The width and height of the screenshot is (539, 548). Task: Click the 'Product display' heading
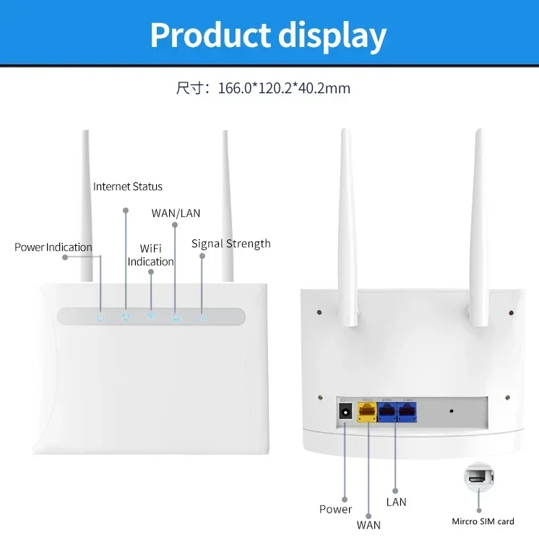coord(268,35)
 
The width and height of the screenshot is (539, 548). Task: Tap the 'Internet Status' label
coord(128,187)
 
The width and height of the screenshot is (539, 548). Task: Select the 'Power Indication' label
coord(53,247)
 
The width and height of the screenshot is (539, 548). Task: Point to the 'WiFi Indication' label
coord(151,255)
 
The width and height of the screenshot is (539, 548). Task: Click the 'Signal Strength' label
coord(230,244)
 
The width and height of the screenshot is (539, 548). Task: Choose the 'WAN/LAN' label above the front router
coord(176,213)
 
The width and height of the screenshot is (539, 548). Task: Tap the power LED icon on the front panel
coord(100,317)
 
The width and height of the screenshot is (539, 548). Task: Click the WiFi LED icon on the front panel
coord(151,317)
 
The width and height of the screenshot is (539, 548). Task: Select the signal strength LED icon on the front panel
coord(202,317)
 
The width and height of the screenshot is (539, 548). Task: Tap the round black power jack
coord(345,411)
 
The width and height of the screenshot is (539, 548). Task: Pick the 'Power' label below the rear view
coord(335,509)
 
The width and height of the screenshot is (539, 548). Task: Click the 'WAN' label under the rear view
coord(368,525)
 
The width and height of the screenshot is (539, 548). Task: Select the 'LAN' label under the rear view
coord(396,502)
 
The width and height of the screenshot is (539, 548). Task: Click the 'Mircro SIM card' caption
coord(483,521)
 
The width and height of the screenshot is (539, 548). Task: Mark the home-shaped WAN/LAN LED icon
coord(175,317)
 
